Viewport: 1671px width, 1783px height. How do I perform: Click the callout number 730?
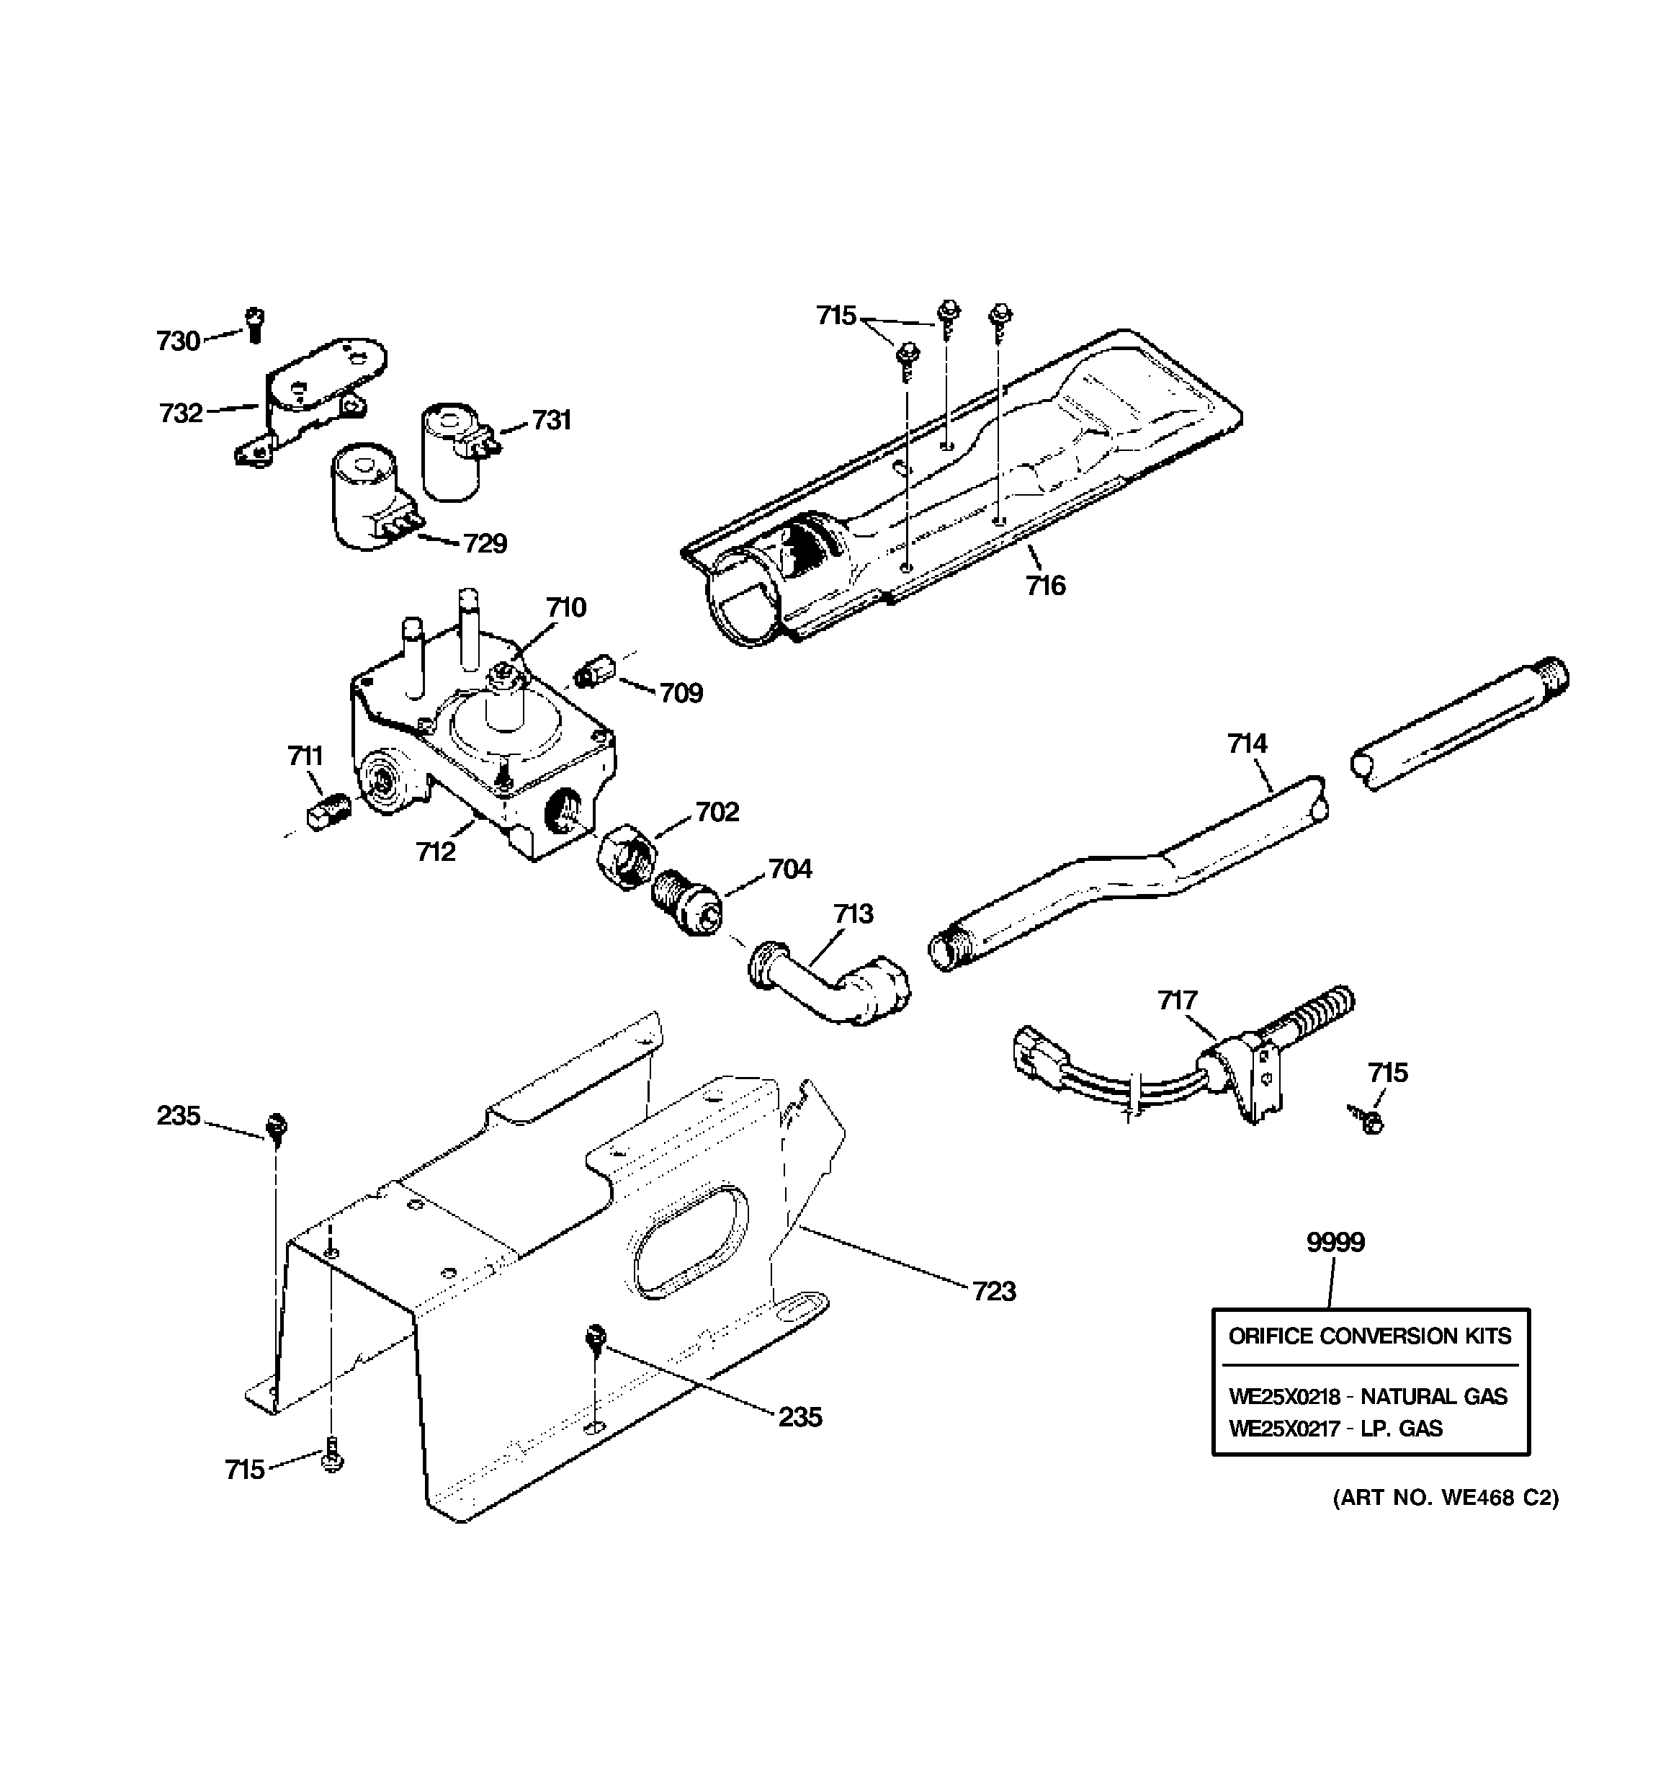click(x=178, y=341)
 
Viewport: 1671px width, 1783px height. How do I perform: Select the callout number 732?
click(x=182, y=414)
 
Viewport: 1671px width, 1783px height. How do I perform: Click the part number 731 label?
click(x=552, y=420)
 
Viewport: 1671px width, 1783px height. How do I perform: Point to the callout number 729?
click(x=485, y=543)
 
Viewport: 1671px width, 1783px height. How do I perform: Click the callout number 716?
click(x=1045, y=586)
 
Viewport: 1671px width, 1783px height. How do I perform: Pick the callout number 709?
click(x=681, y=692)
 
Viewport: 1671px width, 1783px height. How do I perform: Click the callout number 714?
click(x=1247, y=743)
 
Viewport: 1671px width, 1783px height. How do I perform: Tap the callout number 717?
click(x=1178, y=1000)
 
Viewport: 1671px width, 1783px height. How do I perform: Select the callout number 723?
click(x=994, y=1291)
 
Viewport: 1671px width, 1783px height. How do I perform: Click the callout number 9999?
click(x=1335, y=1242)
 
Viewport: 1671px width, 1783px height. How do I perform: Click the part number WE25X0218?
click(x=1284, y=1396)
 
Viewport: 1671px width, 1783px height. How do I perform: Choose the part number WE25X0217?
click(x=1284, y=1429)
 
